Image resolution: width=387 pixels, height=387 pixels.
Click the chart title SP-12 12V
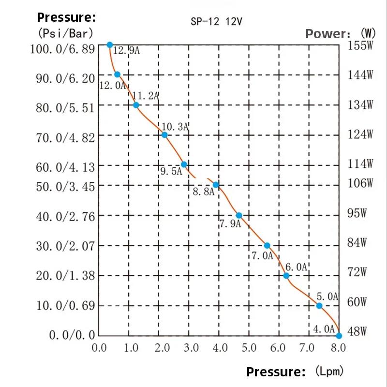coord(216,21)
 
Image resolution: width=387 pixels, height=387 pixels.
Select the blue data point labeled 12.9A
coord(110,45)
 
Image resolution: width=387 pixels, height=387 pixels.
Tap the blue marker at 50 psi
coord(216,185)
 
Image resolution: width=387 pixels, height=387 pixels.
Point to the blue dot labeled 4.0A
coord(339,336)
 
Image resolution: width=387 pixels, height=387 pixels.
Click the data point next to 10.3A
coord(164,135)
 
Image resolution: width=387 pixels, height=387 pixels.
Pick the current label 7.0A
coord(262,256)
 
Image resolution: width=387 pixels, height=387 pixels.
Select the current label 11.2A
coord(146,96)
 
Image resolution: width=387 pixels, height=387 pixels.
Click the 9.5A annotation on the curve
coord(171,171)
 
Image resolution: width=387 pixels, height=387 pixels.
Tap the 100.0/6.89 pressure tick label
coord(62,49)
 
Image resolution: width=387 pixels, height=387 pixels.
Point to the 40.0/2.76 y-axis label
coord(65,216)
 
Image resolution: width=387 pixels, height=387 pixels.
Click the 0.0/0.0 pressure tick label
coord(72,335)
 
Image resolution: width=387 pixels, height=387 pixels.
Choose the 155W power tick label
coord(360,45)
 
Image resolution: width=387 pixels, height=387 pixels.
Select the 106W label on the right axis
coord(360,183)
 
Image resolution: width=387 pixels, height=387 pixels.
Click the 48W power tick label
coord(357,331)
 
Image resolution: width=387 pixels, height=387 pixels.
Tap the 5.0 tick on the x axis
coord(249,348)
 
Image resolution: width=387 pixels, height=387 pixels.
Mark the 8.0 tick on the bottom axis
coord(338,348)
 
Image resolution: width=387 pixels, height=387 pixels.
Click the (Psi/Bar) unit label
coord(65,33)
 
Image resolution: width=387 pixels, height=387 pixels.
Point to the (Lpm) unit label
coord(329,371)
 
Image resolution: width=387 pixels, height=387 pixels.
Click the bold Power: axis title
coord(326,34)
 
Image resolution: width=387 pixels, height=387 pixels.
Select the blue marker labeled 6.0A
coord(286,275)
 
